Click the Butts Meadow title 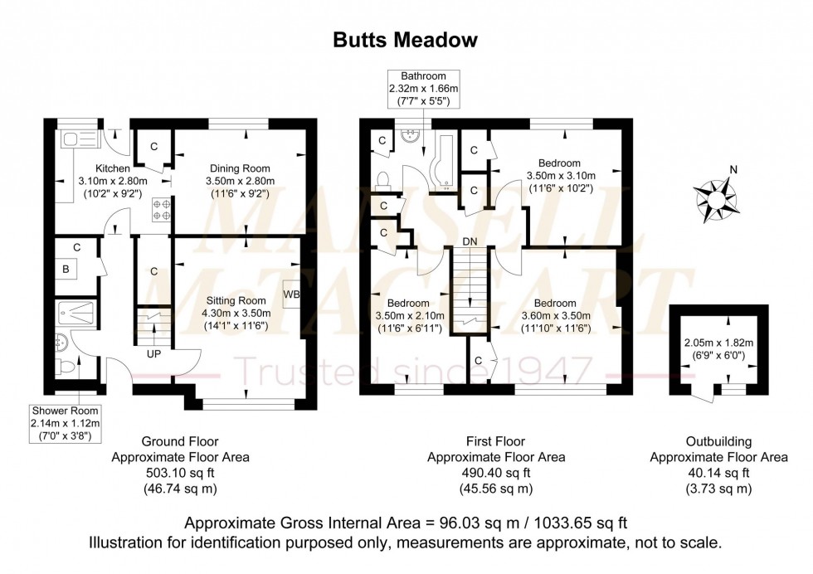click(x=406, y=40)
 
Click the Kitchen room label click(x=112, y=169)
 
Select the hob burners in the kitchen click(x=161, y=209)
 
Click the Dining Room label click(x=240, y=168)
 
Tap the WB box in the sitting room click(x=291, y=294)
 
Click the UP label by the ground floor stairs click(x=153, y=354)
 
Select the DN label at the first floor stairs click(x=470, y=241)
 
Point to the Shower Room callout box click(x=66, y=422)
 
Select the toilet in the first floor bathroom click(x=382, y=179)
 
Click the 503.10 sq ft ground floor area click(x=179, y=474)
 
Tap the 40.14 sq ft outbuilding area click(x=718, y=474)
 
